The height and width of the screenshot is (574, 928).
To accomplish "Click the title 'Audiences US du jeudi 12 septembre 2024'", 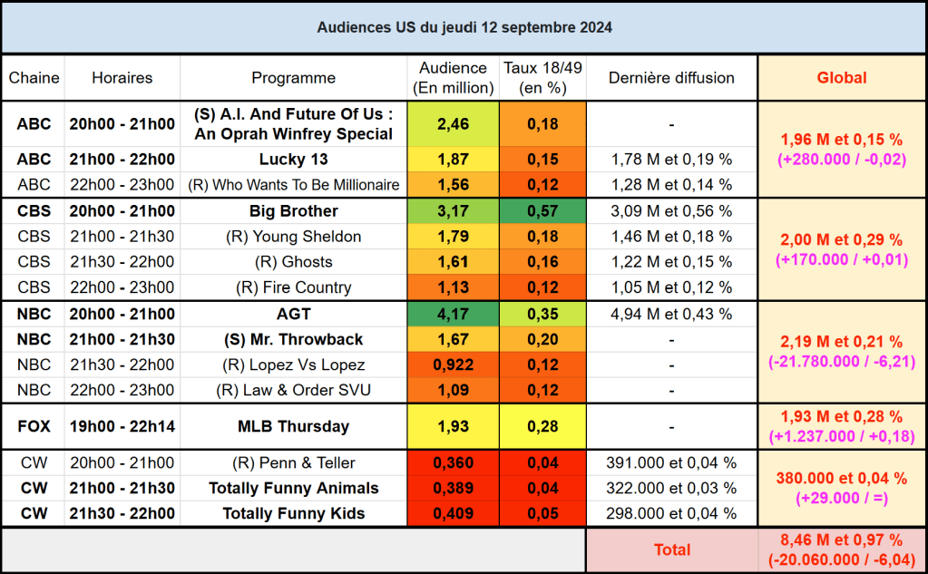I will pyautogui.click(x=464, y=27).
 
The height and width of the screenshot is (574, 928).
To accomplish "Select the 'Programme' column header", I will pyautogui.click(x=293, y=78).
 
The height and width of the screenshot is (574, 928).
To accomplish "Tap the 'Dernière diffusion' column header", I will pyautogui.click(x=671, y=78).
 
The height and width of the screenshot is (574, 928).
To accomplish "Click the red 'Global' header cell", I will pyautogui.click(x=841, y=78).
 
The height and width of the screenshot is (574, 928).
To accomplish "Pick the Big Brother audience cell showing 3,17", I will pyautogui.click(x=453, y=211).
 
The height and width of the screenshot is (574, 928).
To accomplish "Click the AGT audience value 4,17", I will pyautogui.click(x=453, y=314).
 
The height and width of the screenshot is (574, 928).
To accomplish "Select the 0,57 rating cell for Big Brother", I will pyautogui.click(x=542, y=211).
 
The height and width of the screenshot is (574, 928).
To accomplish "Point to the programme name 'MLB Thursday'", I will pyautogui.click(x=293, y=426).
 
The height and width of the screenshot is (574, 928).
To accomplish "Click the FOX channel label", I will pyautogui.click(x=34, y=426).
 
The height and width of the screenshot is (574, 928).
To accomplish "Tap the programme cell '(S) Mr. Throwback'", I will pyautogui.click(x=293, y=339).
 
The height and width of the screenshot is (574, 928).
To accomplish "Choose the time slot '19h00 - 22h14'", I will pyautogui.click(x=122, y=426).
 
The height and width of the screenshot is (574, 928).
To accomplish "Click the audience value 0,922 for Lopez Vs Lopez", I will pyautogui.click(x=453, y=365).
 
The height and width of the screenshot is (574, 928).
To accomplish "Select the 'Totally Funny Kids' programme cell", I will pyautogui.click(x=293, y=513).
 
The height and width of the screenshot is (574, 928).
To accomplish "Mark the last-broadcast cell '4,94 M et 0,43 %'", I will pyautogui.click(x=671, y=314).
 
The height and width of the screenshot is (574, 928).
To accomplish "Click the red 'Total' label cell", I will pyautogui.click(x=671, y=550).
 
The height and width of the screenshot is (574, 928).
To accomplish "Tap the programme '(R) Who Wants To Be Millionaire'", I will pyautogui.click(x=293, y=185).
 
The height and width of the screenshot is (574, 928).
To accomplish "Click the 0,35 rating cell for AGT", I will pyautogui.click(x=542, y=314).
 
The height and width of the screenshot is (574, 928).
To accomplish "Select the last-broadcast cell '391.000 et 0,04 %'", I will pyautogui.click(x=671, y=462).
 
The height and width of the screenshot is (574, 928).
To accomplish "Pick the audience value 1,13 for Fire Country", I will pyautogui.click(x=453, y=287).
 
